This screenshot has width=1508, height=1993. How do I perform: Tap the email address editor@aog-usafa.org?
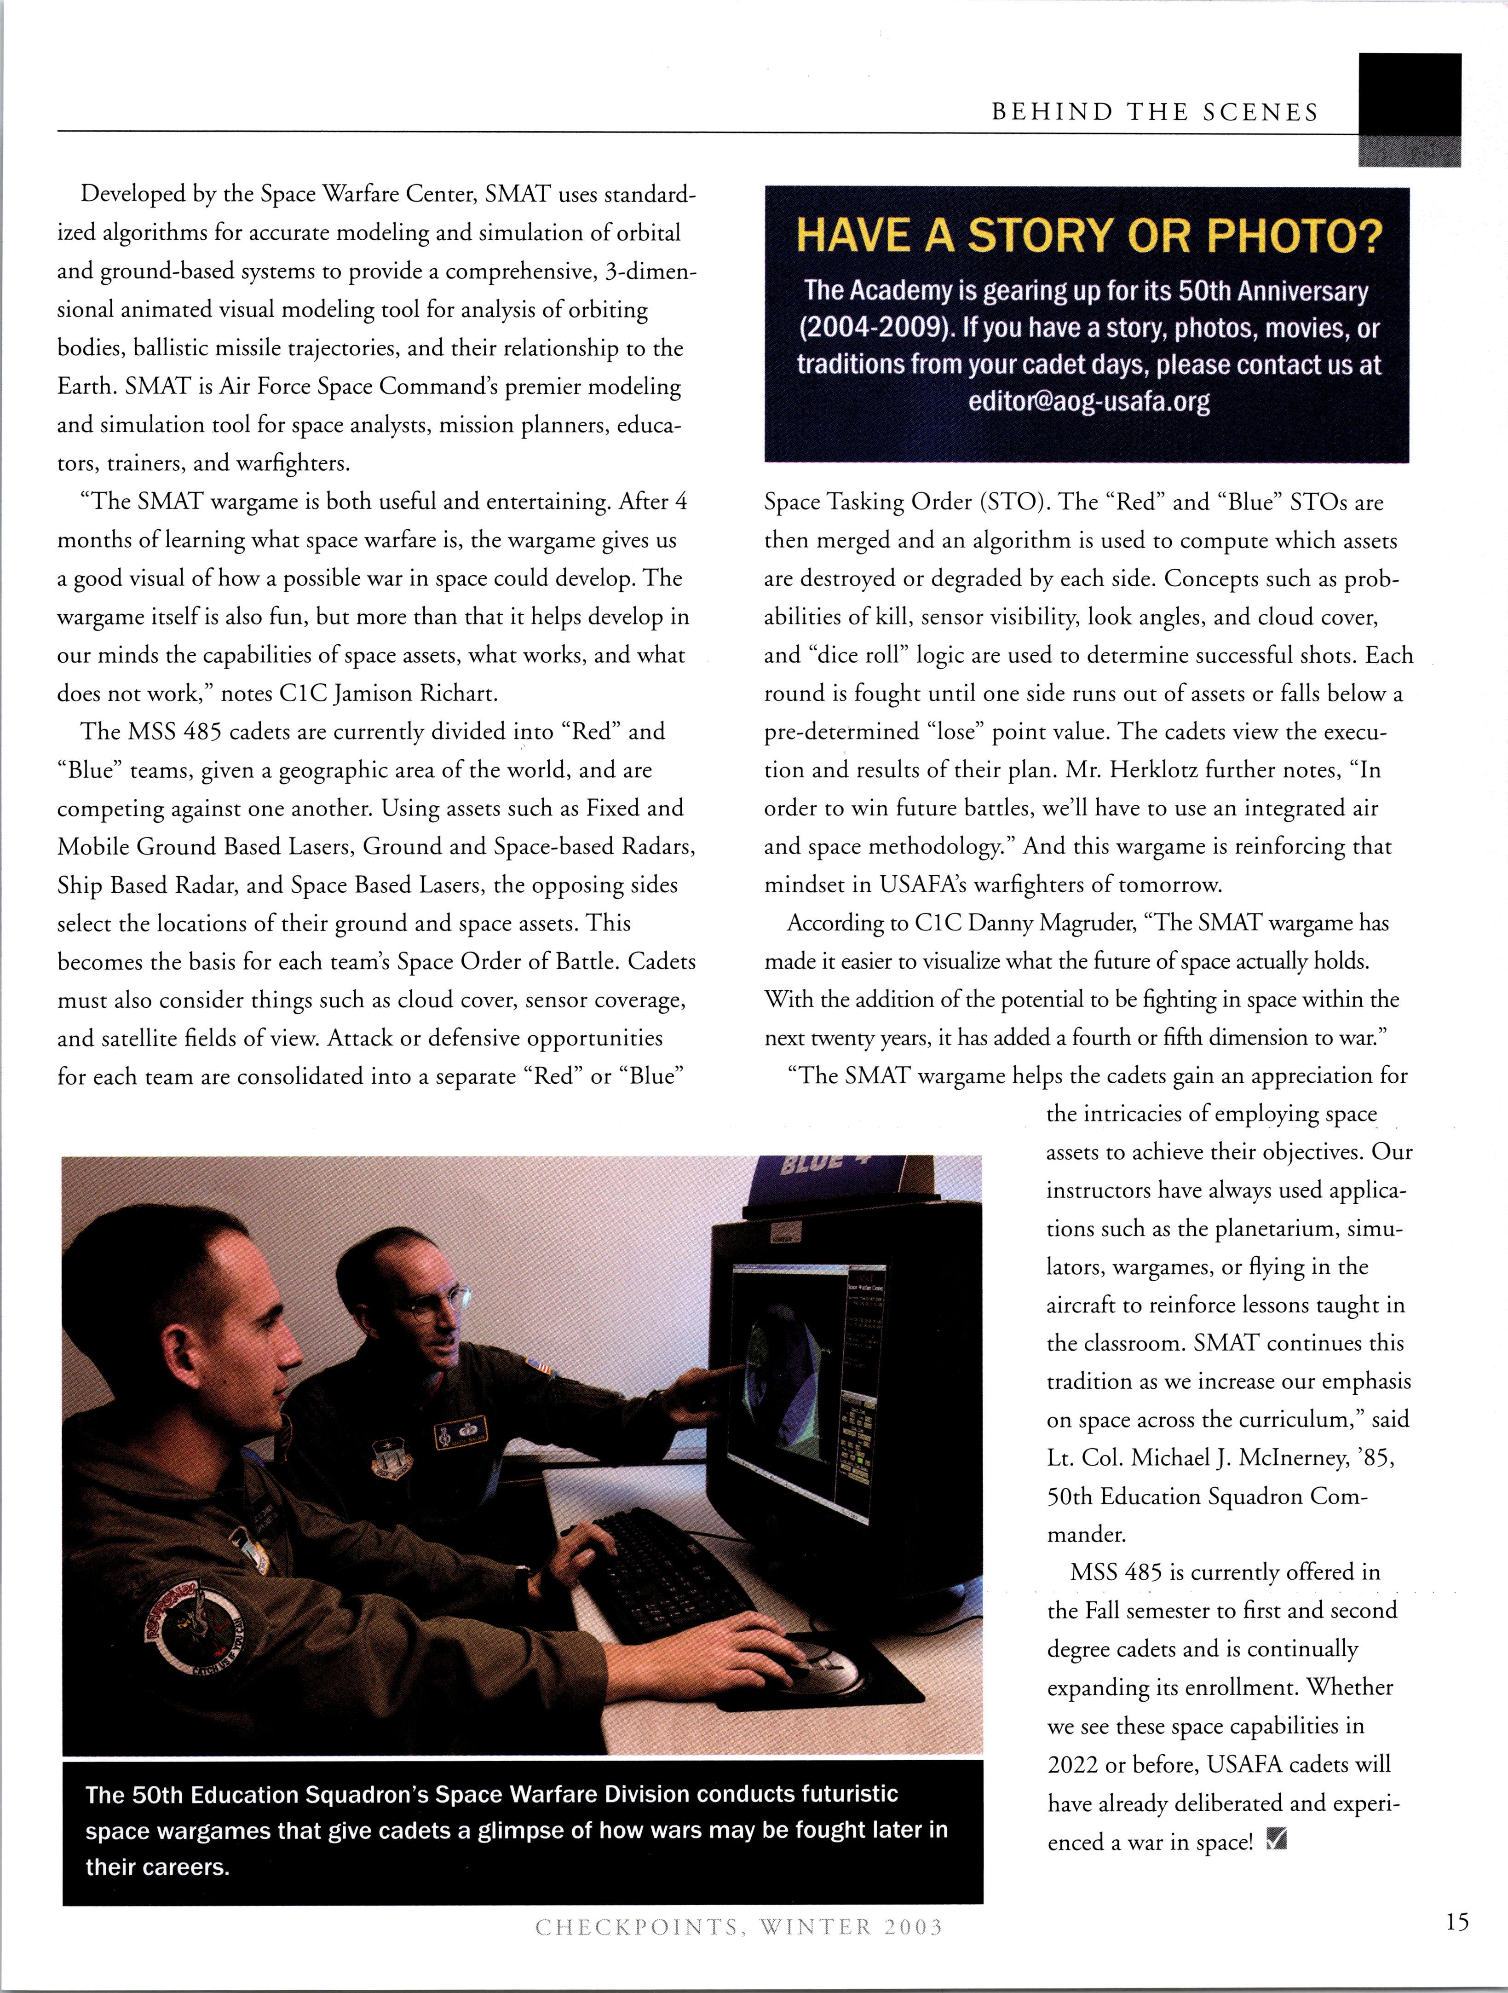pyautogui.click(x=1088, y=401)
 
